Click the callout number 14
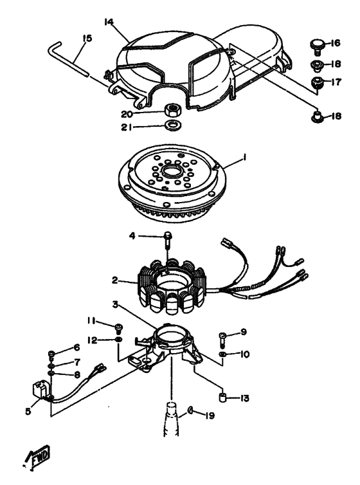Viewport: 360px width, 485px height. click(109, 22)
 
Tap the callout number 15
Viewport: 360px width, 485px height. click(87, 39)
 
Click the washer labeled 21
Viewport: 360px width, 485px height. click(173, 125)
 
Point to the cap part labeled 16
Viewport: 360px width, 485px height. click(317, 44)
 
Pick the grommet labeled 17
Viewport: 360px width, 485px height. click(317, 82)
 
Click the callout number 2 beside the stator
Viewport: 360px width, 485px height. click(115, 280)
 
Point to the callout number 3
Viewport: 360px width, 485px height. click(115, 305)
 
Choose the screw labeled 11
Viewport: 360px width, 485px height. click(118, 328)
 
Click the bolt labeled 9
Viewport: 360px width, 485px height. click(223, 339)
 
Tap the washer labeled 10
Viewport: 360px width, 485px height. click(223, 354)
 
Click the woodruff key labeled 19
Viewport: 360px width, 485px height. click(190, 411)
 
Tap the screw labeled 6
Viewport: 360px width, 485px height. click(51, 354)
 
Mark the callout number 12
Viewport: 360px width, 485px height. click(93, 340)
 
